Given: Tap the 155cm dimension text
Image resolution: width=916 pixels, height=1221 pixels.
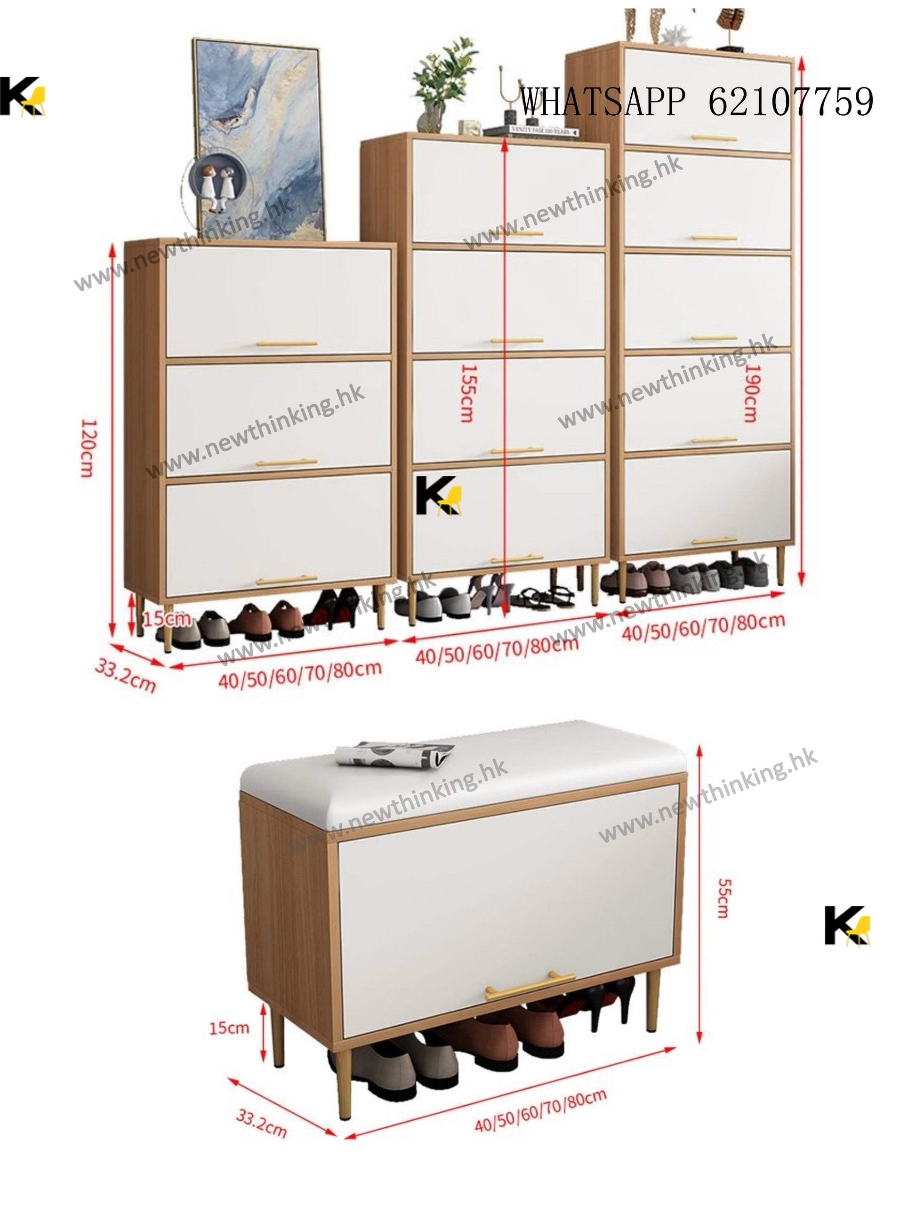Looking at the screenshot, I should coord(467,393).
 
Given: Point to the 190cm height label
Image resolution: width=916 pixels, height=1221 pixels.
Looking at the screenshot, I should coord(751,393).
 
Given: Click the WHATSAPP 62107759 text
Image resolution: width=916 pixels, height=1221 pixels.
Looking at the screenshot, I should coord(696,102).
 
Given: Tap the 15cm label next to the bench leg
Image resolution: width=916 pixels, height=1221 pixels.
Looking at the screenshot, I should coord(229,1028).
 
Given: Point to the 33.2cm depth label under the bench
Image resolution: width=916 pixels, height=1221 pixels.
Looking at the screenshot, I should coord(261,1123).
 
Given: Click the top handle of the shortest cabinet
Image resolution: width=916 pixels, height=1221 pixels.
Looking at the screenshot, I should coord(287,344).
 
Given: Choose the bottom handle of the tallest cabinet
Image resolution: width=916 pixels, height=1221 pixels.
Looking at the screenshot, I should coord(714,541).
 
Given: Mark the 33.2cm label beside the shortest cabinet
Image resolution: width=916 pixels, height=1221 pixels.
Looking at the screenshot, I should coord(126,675).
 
